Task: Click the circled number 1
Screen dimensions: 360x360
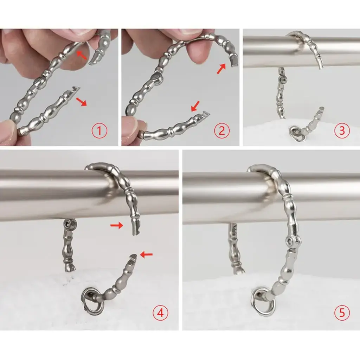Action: click(99, 131)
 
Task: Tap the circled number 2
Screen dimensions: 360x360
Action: click(221, 131)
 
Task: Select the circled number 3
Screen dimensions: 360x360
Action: click(342, 131)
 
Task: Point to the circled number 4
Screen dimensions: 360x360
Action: click(160, 313)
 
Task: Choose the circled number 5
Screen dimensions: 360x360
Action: click(342, 313)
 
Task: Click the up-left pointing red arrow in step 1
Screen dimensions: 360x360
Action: click(82, 55)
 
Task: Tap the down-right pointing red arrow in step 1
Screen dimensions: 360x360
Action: click(82, 101)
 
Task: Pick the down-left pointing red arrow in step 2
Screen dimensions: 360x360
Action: click(195, 106)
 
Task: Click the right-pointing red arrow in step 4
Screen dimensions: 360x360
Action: click(117, 226)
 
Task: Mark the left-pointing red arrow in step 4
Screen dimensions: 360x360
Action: click(146, 254)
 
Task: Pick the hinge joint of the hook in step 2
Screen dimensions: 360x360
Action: click(157, 78)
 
